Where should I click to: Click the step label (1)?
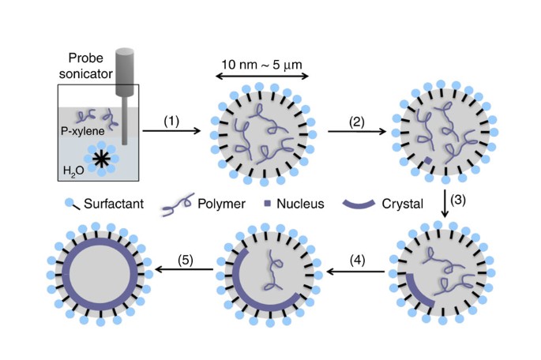pyautogui.click(x=173, y=122)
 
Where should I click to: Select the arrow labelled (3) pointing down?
pyautogui.click(x=446, y=202)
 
